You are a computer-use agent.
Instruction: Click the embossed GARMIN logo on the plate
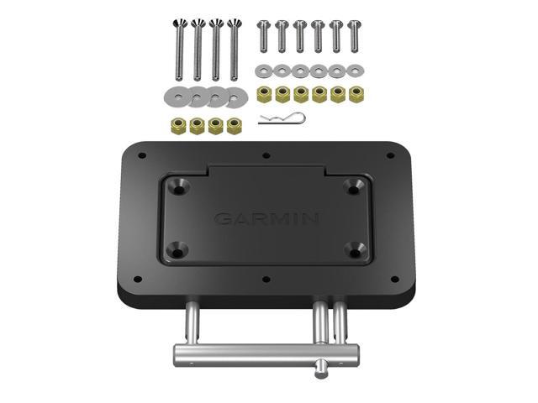click(x=266, y=219)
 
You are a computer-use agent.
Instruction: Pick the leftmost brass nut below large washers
click(x=178, y=126)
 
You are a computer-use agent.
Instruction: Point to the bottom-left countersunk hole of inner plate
click(x=179, y=249)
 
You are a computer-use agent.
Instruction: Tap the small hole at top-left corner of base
click(x=141, y=156)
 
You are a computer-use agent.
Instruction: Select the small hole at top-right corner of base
click(x=390, y=155)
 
